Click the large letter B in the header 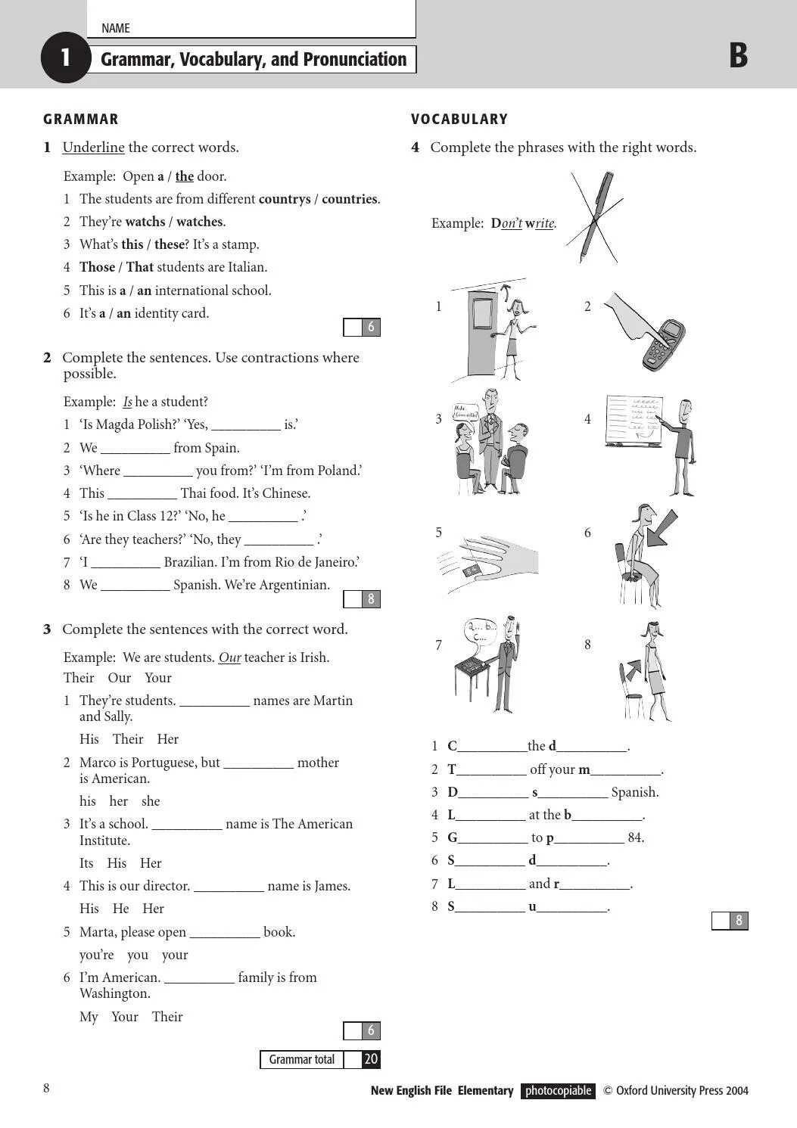pyautogui.click(x=738, y=56)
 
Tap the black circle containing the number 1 pyautogui.click(x=66, y=57)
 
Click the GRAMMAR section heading pyautogui.click(x=81, y=120)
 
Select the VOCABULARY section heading pyautogui.click(x=459, y=120)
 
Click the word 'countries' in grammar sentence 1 pyautogui.click(x=349, y=200)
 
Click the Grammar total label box pyautogui.click(x=301, y=1060)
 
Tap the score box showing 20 pyautogui.click(x=371, y=1060)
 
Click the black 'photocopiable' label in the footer pyautogui.click(x=558, y=1091)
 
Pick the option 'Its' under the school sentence pyautogui.click(x=86, y=863)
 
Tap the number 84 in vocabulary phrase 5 pyautogui.click(x=636, y=838)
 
